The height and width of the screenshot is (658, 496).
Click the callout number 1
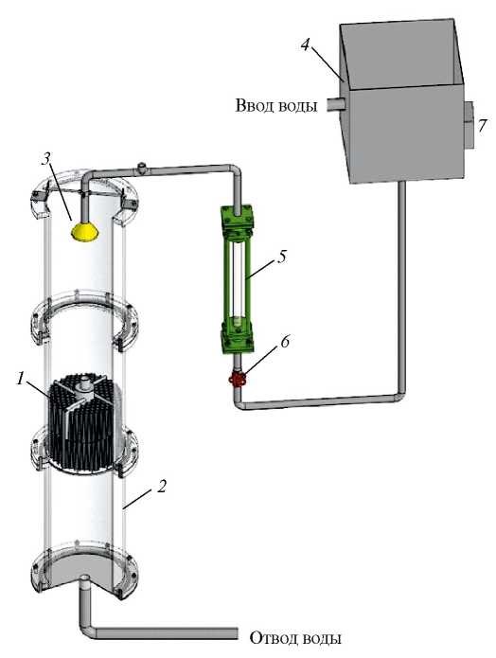coord(20,380)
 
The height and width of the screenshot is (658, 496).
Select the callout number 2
coord(162,487)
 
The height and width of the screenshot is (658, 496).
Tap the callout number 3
coord(45,160)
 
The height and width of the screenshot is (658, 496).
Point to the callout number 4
coord(306,44)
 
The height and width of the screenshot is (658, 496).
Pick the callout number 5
coord(281,257)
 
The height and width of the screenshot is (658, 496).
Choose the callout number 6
coord(285,342)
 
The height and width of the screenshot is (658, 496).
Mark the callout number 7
coord(483,126)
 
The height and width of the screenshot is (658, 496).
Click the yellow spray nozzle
coord(85,232)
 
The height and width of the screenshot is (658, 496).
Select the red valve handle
coord(238,380)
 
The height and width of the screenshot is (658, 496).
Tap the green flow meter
coord(238,278)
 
